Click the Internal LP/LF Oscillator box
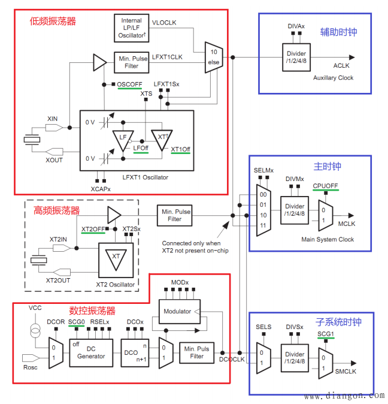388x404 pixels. (131, 28)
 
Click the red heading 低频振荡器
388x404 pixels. (53, 21)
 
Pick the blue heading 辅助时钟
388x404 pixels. (338, 32)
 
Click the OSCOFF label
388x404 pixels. (129, 84)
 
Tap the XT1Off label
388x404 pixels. (180, 149)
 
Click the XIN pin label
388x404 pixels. (53, 119)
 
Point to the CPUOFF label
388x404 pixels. (325, 186)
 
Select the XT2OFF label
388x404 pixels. (93, 229)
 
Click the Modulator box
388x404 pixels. (177, 311)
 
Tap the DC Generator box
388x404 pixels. (91, 352)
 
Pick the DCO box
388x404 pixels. (131, 353)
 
